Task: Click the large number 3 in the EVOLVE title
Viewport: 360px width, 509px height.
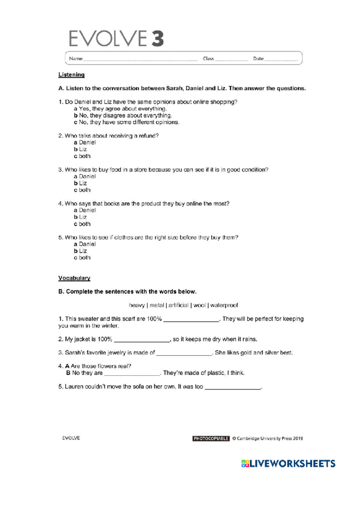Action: pyautogui.click(x=157, y=38)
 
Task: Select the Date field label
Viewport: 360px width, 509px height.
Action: pyautogui.click(x=258, y=59)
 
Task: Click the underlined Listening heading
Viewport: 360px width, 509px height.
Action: pyautogui.click(x=71, y=75)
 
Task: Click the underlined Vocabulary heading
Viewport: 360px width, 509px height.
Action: pyautogui.click(x=74, y=278)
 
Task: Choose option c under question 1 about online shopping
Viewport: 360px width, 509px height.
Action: pyautogui.click(x=126, y=122)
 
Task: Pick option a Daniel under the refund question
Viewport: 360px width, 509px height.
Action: pyautogui.click(x=85, y=143)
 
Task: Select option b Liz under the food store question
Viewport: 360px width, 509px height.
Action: pyautogui.click(x=80, y=183)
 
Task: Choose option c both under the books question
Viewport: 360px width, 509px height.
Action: pyautogui.click(x=82, y=224)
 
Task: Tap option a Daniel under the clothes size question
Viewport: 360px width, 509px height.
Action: pyautogui.click(x=85, y=244)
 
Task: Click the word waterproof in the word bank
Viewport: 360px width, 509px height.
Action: pyautogui.click(x=224, y=305)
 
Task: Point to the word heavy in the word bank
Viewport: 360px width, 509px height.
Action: pyautogui.click(x=137, y=305)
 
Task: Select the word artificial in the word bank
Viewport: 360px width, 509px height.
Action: pyautogui.click(x=178, y=305)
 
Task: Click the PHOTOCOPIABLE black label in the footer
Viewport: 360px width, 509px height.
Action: pyautogui.click(x=211, y=438)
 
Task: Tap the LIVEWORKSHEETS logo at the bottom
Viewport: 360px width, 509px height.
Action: pyautogui.click(x=288, y=464)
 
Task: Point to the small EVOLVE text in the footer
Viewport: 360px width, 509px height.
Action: pyautogui.click(x=71, y=438)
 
